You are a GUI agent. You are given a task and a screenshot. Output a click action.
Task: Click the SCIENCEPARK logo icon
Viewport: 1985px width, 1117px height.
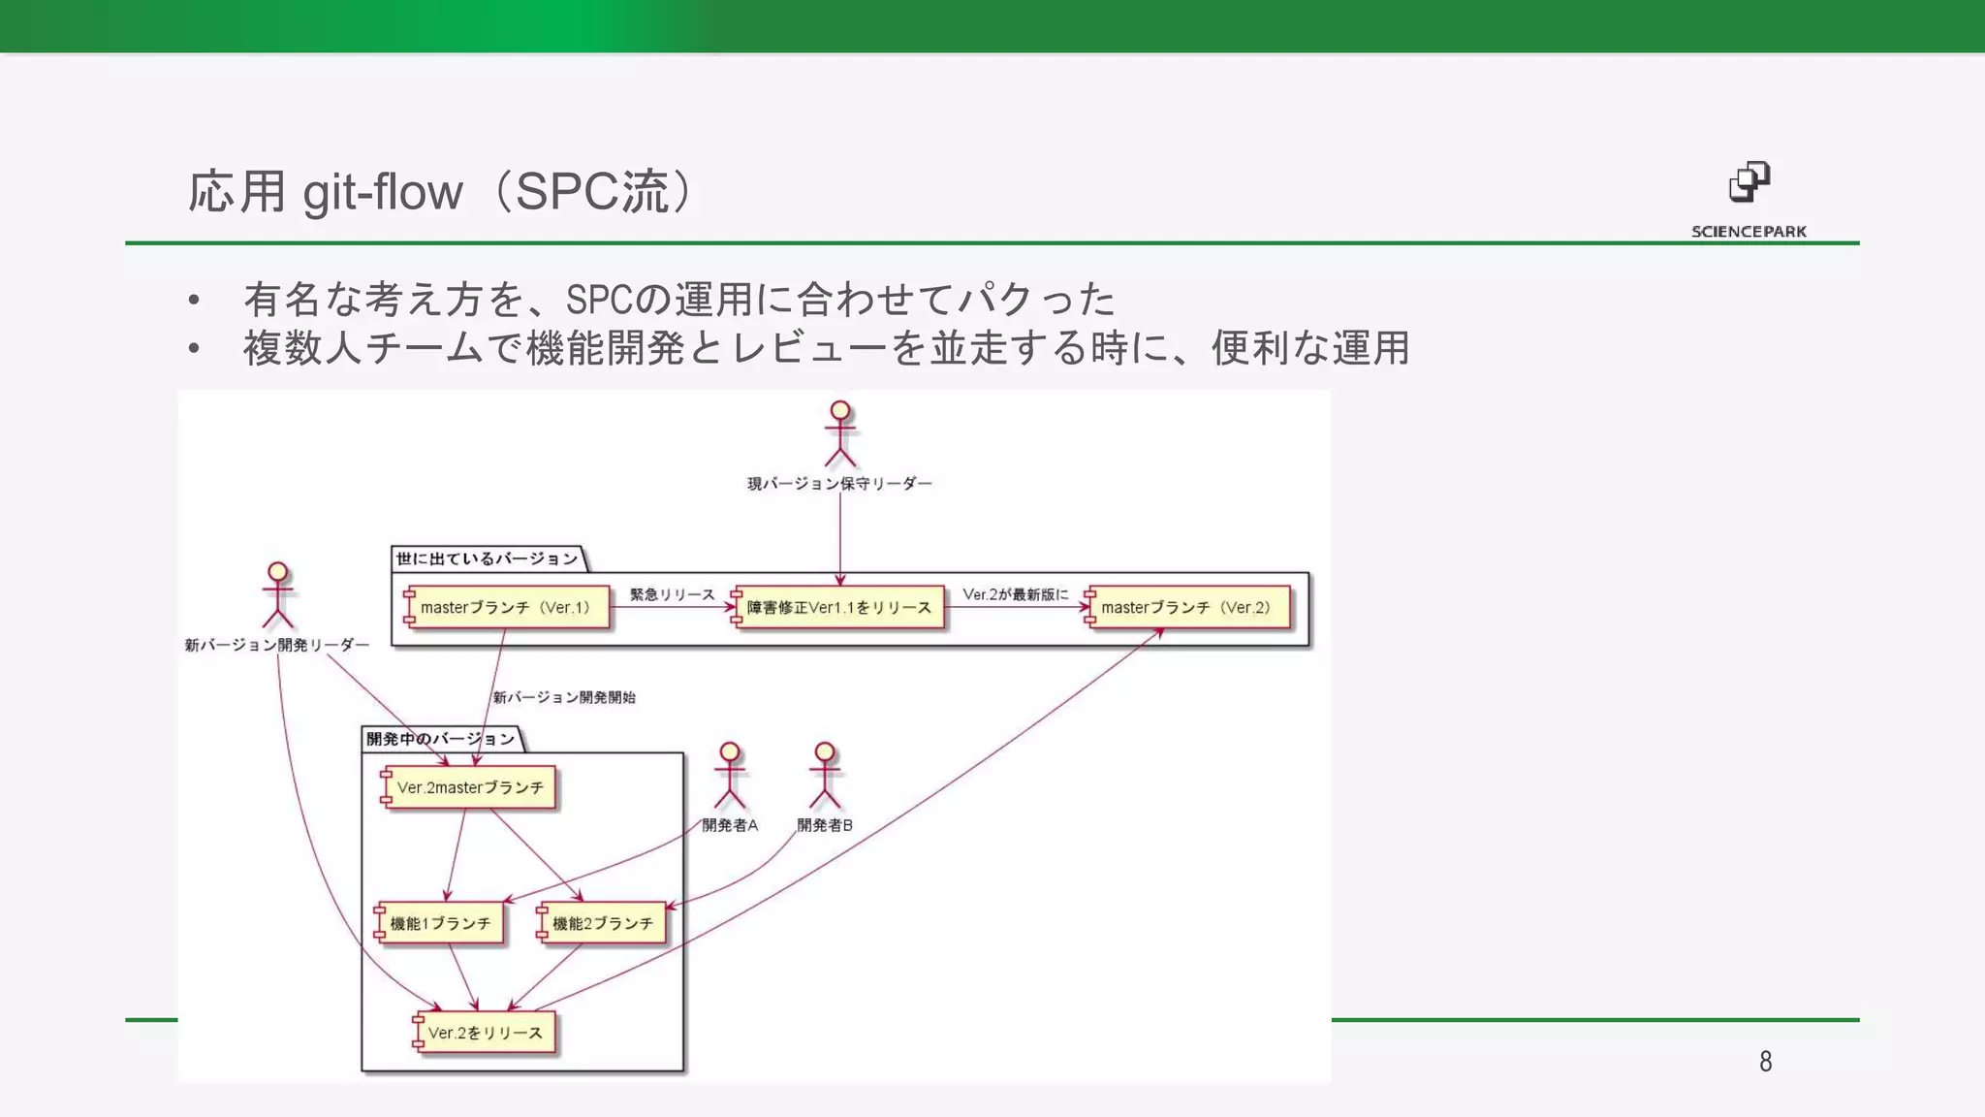pyautogui.click(x=1749, y=181)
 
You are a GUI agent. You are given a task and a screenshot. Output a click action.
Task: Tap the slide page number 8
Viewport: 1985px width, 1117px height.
pyautogui.click(x=1765, y=1062)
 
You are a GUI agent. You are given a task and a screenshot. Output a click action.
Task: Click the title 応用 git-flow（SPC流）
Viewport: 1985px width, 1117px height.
pyautogui.click(x=440, y=191)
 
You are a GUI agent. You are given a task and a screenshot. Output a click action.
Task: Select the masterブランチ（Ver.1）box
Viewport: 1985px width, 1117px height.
pyautogui.click(x=507, y=608)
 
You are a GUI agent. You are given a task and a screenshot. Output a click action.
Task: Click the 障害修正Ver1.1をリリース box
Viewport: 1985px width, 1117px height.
pyautogui.click(x=838, y=608)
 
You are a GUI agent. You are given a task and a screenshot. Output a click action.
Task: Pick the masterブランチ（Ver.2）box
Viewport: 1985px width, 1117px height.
pyautogui.click(x=1188, y=608)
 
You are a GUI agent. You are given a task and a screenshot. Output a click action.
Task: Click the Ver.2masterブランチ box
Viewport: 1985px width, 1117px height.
pyautogui.click(x=470, y=787)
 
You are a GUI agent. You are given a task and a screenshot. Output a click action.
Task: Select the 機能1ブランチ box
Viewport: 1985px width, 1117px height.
pyautogui.click(x=440, y=923)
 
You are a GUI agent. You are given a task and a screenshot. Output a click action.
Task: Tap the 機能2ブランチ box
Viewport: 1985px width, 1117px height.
pyautogui.click(x=602, y=923)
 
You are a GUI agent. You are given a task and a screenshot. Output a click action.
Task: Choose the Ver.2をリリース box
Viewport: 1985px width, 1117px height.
pyautogui.click(x=485, y=1033)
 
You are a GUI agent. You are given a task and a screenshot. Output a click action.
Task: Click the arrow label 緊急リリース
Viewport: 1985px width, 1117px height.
pyautogui.click(x=672, y=594)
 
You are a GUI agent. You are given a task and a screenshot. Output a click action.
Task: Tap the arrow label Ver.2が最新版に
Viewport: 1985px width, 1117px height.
pyautogui.click(x=1015, y=594)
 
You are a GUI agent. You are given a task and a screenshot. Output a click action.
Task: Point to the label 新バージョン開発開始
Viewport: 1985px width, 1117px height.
pyautogui.click(x=564, y=697)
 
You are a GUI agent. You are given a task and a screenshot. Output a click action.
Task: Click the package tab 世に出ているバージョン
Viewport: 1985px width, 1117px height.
pyautogui.click(x=487, y=558)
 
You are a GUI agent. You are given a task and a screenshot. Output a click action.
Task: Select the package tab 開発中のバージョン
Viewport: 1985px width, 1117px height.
pyautogui.click(x=440, y=739)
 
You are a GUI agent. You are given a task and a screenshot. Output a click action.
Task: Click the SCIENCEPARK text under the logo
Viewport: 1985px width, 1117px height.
pyautogui.click(x=1749, y=232)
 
